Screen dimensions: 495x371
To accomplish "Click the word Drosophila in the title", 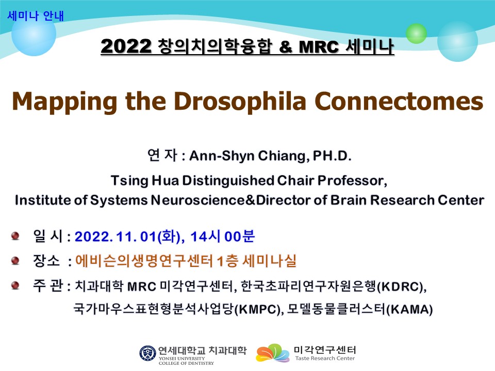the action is pyautogui.click(x=240, y=102).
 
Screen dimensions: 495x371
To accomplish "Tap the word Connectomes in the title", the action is pyautogui.click(x=399, y=102).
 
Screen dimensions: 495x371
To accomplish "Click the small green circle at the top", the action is pyautogui.click(x=416, y=33).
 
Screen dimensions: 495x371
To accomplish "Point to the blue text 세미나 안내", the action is pyautogui.click(x=36, y=16).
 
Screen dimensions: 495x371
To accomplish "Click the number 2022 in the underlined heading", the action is pyautogui.click(x=126, y=46).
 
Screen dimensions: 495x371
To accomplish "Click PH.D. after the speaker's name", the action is pyautogui.click(x=332, y=156).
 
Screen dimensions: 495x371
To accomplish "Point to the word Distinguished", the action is pyautogui.click(x=228, y=181).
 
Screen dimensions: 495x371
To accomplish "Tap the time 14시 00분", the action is pyautogui.click(x=222, y=237).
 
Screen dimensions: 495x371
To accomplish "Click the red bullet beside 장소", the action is pyautogui.click(x=15, y=261).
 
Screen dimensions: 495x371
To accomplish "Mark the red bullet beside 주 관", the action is pyautogui.click(x=15, y=285).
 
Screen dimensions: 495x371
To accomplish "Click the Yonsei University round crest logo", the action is pyautogui.click(x=148, y=353).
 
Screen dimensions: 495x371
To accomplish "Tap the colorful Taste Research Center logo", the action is pyautogui.click(x=273, y=353).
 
